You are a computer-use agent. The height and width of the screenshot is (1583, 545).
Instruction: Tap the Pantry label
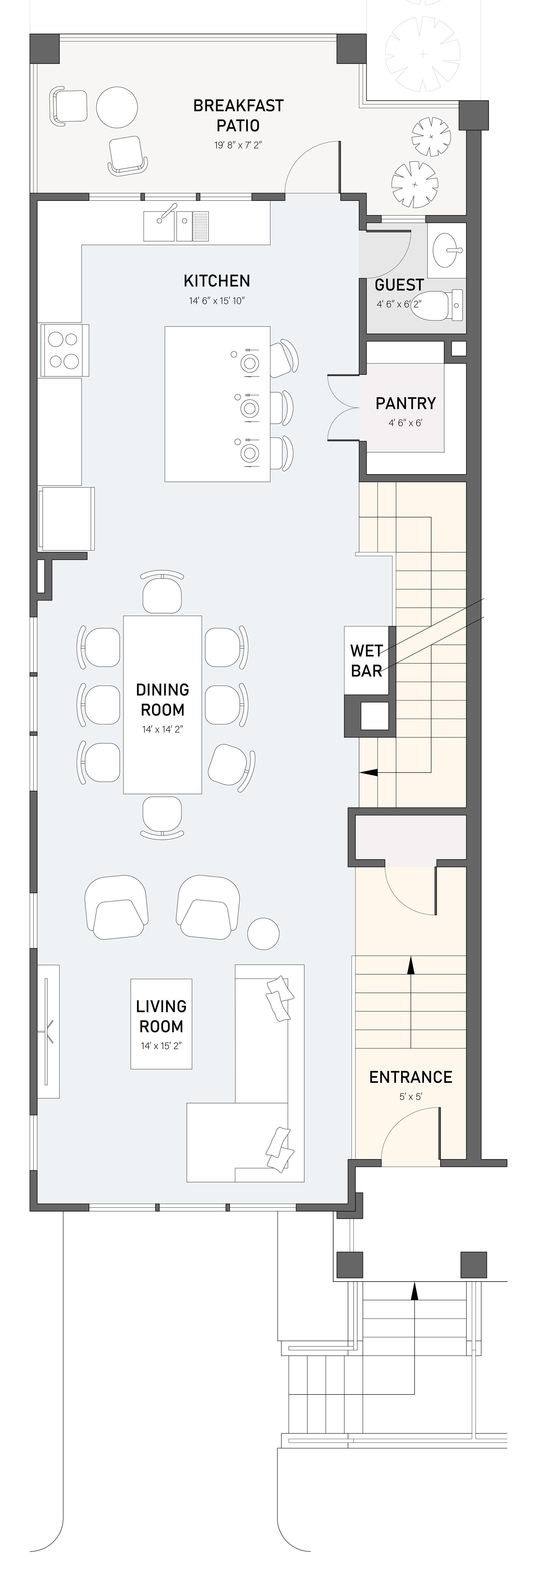[405, 403]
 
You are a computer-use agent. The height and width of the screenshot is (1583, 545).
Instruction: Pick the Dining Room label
[162, 699]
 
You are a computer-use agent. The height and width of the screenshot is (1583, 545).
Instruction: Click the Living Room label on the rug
[161, 1016]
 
